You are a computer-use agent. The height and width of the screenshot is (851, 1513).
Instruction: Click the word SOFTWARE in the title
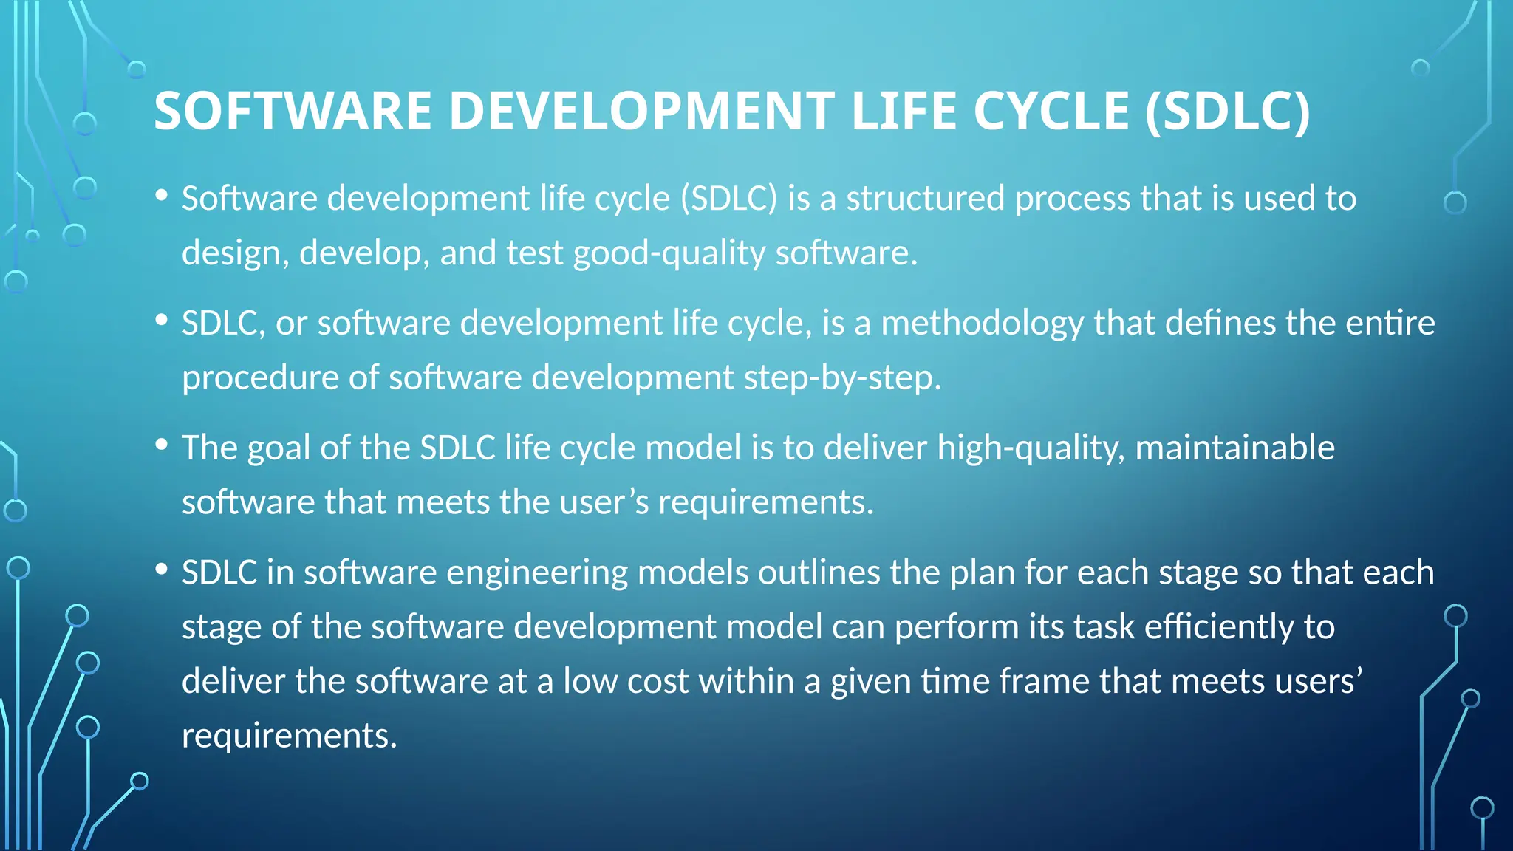[x=293, y=112]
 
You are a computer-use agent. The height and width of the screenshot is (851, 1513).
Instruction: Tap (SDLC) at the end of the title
[x=1227, y=112]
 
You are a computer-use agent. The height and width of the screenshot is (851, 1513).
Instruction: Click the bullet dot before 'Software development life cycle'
[x=162, y=196]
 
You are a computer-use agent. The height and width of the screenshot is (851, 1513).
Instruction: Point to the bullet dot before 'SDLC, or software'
[x=162, y=321]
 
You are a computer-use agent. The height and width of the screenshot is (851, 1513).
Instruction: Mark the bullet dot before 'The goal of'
[x=162, y=445]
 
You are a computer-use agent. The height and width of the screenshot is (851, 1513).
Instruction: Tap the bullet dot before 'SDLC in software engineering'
[x=162, y=570]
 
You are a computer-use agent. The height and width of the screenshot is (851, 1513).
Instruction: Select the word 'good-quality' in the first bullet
[x=669, y=253]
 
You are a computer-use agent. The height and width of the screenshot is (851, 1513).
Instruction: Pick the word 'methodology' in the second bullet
[x=982, y=324]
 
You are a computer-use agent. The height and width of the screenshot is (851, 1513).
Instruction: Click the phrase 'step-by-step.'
[x=842, y=378]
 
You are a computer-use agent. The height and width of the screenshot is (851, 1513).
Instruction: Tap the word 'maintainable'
[x=1234, y=448]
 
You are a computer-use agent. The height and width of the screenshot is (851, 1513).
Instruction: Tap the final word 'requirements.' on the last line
[x=290, y=736]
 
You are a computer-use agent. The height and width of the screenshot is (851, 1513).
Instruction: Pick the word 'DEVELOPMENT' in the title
[x=642, y=112]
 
